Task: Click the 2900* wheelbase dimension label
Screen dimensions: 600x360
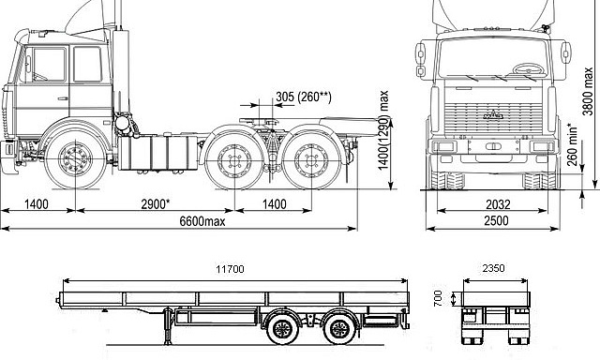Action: tap(155, 204)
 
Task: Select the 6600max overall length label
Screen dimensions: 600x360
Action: tap(202, 221)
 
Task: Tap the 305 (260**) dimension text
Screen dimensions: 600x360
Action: tap(304, 97)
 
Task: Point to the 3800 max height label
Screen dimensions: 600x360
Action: tap(588, 91)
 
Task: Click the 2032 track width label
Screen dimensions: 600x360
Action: tap(498, 204)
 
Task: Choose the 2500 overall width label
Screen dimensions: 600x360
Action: tap(496, 221)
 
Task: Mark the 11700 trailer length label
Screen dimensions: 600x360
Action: tap(230, 269)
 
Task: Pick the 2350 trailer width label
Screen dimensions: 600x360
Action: tap(493, 268)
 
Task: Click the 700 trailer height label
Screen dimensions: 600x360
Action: tap(438, 298)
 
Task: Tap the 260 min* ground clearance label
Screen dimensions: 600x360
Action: tap(572, 144)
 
